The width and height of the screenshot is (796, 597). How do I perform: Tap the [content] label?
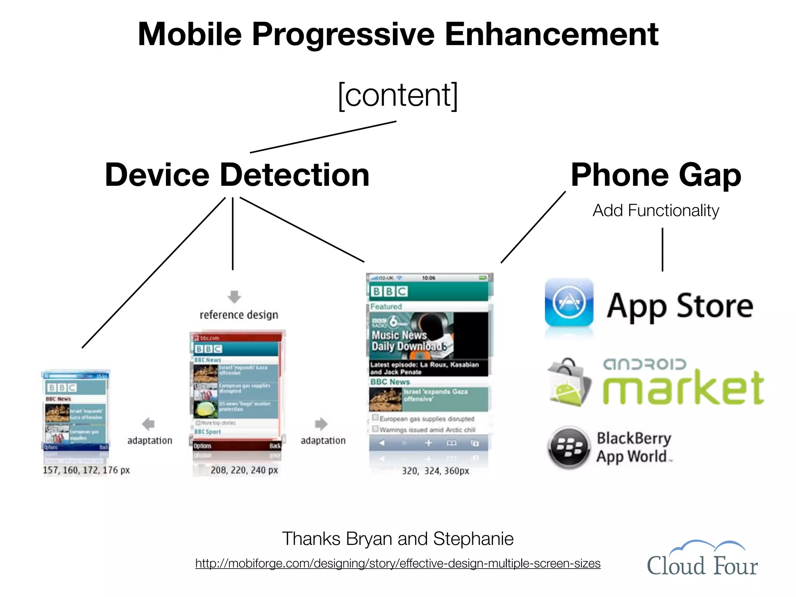click(398, 95)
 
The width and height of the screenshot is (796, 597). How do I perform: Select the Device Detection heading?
click(237, 175)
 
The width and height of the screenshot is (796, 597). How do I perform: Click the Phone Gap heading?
click(656, 175)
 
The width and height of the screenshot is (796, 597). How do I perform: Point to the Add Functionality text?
click(656, 210)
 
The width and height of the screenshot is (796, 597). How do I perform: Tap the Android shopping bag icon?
click(569, 383)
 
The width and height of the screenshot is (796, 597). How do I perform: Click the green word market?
click(683, 388)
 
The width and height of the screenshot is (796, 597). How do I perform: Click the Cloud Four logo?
click(702, 559)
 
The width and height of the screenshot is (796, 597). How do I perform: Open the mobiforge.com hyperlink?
click(398, 563)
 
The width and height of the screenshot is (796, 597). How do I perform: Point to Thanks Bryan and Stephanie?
click(398, 539)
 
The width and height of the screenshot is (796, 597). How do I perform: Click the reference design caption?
click(239, 314)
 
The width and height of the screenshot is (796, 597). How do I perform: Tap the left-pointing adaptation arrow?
click(148, 424)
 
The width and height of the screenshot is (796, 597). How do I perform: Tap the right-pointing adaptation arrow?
click(321, 424)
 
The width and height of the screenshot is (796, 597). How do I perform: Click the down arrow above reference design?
click(234, 297)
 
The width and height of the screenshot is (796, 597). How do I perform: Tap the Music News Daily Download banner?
click(428, 336)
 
